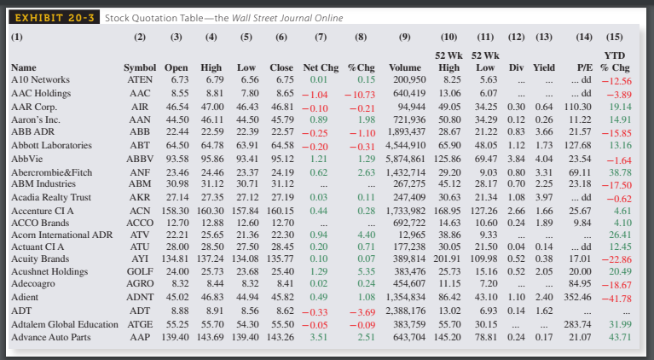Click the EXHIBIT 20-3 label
click(x=54, y=17)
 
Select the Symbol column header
click(x=141, y=67)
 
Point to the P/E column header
click(x=586, y=67)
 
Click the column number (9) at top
click(x=404, y=37)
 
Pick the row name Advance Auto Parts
click(x=50, y=337)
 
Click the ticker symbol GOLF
click(x=140, y=270)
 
